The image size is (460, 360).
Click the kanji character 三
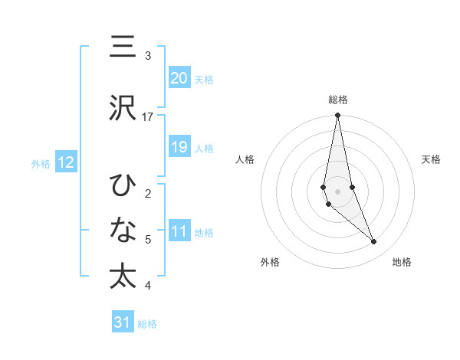(x=122, y=48)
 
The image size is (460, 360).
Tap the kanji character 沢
(x=122, y=108)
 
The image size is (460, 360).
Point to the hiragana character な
(x=122, y=231)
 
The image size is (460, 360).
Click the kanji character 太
(x=122, y=277)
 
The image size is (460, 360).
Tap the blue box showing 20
(x=179, y=78)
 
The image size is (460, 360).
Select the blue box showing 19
(x=179, y=147)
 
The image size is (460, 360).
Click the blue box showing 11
(x=179, y=231)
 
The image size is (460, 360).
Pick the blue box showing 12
(x=65, y=162)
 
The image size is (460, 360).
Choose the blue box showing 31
(x=123, y=322)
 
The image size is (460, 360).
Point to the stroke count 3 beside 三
(x=148, y=56)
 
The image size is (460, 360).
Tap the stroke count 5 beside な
(x=148, y=240)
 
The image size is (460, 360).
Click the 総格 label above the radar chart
(x=338, y=100)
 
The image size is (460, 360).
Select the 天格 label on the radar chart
(x=432, y=159)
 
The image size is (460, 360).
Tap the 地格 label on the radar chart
(x=402, y=263)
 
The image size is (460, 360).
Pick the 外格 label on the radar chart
(x=270, y=263)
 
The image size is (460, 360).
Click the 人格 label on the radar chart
(x=245, y=159)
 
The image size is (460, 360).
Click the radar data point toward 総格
(x=337, y=115)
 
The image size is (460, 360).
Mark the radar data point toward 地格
(x=374, y=242)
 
